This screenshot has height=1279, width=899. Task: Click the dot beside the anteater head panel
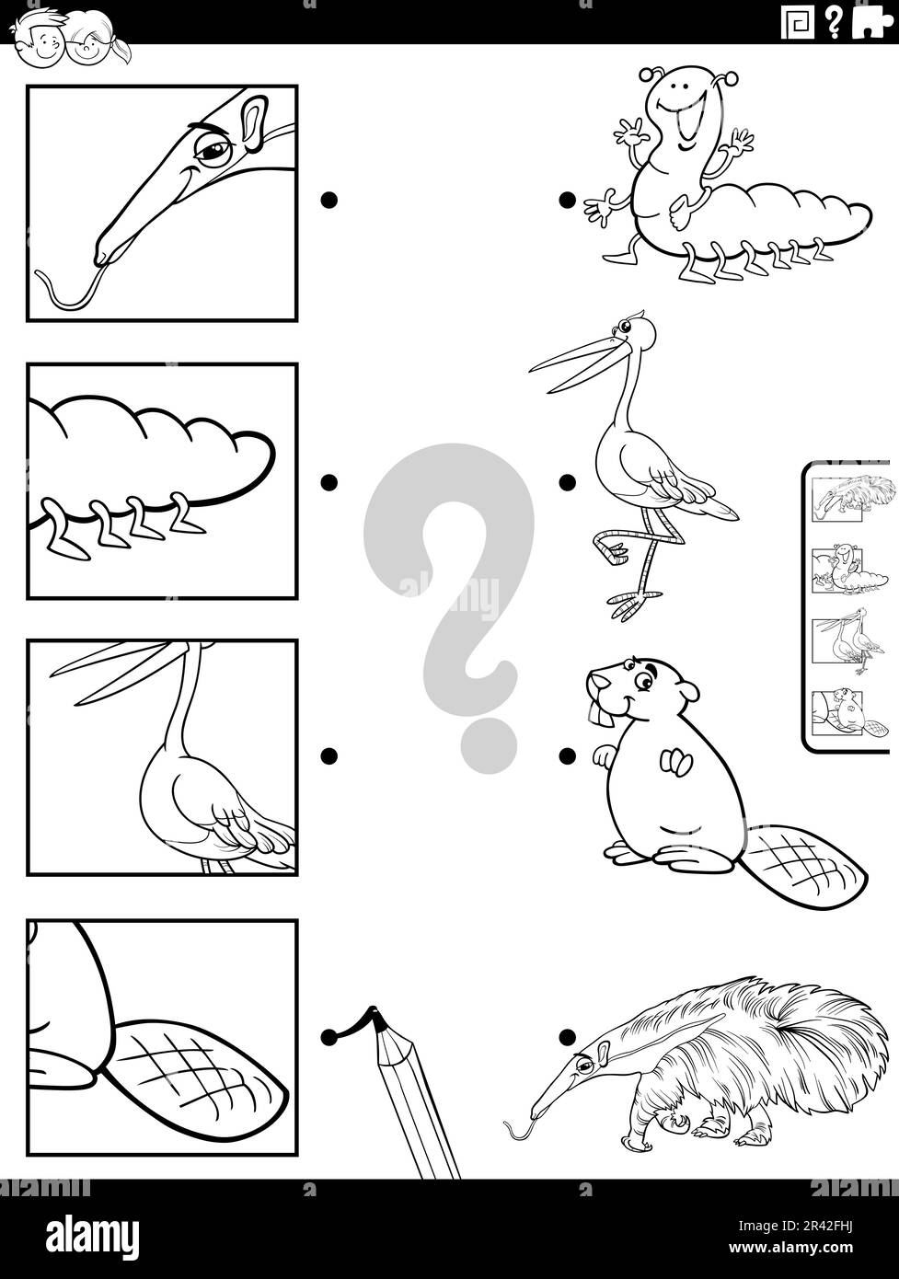(x=328, y=200)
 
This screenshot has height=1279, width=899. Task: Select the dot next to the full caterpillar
(x=567, y=200)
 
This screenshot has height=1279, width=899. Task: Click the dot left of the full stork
(x=567, y=481)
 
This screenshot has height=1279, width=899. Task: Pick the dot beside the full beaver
(x=567, y=755)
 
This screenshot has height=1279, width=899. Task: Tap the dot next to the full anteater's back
(x=567, y=1037)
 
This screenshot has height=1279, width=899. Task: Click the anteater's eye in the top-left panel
(x=213, y=149)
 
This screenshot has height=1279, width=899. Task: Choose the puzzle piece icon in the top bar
(x=869, y=22)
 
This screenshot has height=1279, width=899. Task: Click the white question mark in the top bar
(x=833, y=22)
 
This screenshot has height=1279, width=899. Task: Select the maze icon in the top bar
(x=797, y=22)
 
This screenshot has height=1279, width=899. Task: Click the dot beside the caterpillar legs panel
(x=328, y=481)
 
